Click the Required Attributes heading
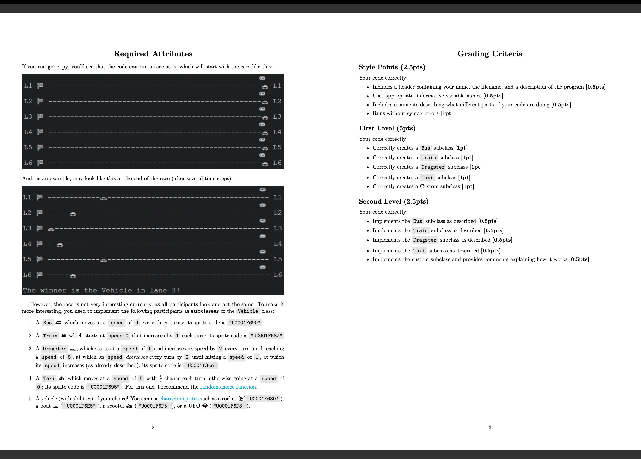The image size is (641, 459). (x=153, y=54)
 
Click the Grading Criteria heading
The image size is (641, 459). (x=490, y=54)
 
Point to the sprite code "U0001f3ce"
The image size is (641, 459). (x=201, y=365)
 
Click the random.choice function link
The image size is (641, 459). (x=228, y=387)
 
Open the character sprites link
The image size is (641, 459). (x=179, y=399)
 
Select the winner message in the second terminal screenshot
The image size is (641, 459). (x=101, y=290)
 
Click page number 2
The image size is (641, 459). (x=153, y=427)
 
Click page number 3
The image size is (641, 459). (x=490, y=427)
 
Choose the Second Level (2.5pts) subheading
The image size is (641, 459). (x=394, y=202)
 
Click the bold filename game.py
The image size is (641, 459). (x=58, y=67)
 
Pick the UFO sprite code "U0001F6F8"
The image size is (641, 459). (x=229, y=406)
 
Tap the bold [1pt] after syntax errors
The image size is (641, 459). (x=447, y=113)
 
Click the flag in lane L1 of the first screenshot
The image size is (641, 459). (x=40, y=86)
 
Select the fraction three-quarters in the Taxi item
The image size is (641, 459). (x=160, y=379)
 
